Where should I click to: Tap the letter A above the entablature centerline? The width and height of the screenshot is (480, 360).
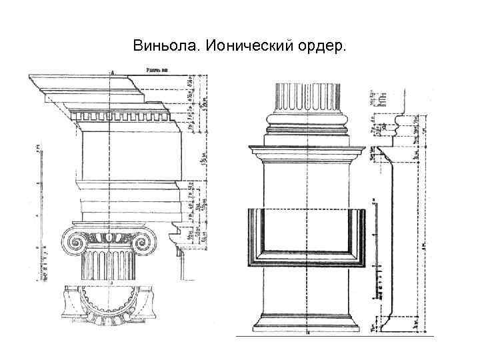pos(112,71)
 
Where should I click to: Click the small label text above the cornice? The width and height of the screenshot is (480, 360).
pos(157,69)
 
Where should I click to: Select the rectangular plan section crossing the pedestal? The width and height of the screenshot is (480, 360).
pos(307,237)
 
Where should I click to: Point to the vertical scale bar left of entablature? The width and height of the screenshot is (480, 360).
pos(37,213)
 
